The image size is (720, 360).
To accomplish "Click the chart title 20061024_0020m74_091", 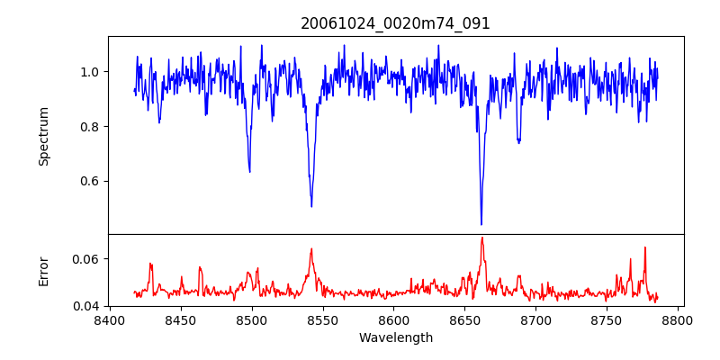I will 395,23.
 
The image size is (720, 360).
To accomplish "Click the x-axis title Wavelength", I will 395,338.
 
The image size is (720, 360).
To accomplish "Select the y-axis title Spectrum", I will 44,136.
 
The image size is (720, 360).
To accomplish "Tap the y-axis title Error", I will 44,271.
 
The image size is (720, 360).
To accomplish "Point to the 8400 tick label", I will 110,319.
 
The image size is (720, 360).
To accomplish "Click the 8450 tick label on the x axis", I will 181,319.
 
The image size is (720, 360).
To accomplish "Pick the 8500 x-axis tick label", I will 252,319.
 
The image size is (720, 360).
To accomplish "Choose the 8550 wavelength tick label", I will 323,319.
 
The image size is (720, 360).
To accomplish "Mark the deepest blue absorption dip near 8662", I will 481,223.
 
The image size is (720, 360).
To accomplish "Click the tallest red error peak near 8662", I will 482,238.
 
